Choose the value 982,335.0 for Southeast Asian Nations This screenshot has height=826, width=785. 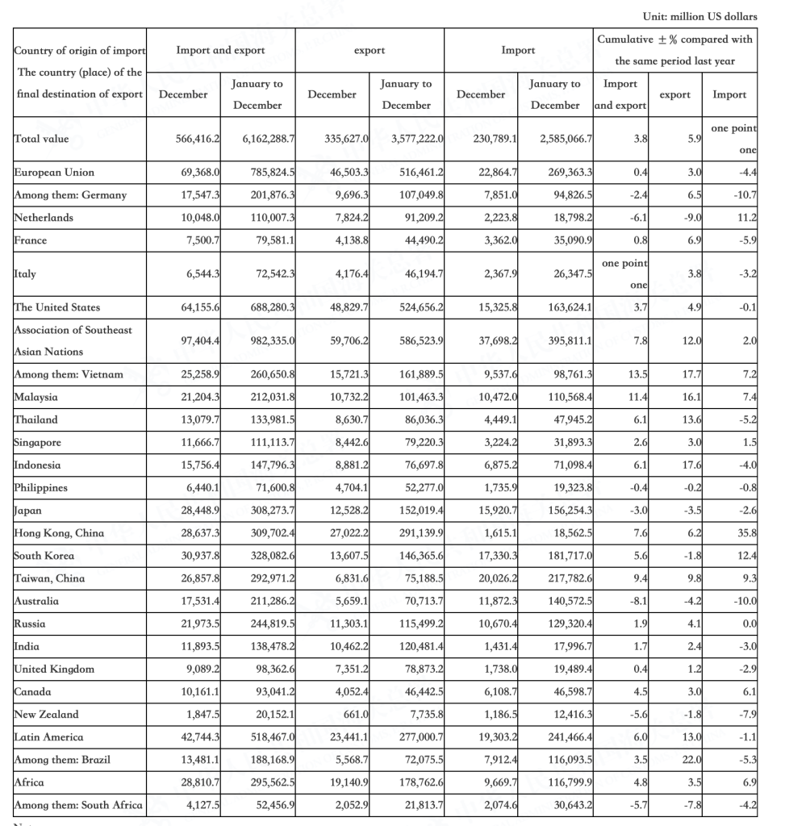pos(269,341)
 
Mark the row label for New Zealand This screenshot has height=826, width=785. pos(47,714)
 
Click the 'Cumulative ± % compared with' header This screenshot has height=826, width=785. pos(674,40)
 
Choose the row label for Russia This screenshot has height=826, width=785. pos(30,624)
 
